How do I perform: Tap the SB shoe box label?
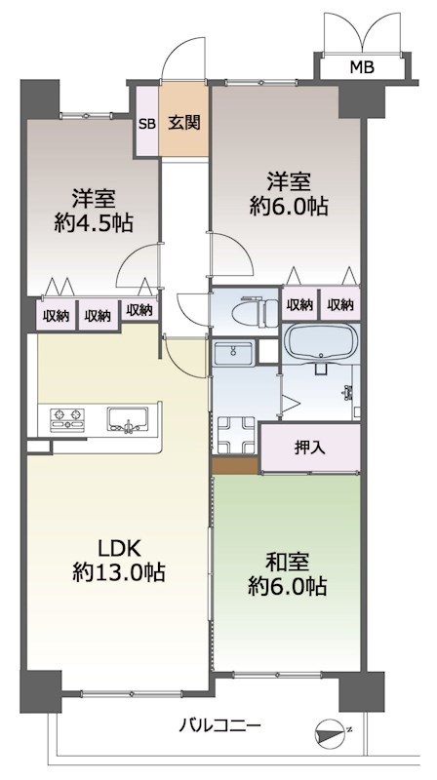point(146,123)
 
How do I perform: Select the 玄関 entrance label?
point(183,123)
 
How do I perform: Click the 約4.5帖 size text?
point(94,221)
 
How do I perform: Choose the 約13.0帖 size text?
point(118,573)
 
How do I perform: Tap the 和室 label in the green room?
point(287,562)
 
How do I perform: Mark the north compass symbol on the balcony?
point(335,731)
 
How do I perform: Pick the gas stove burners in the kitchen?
point(63,419)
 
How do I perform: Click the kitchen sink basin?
point(127,419)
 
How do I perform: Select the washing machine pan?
point(235,433)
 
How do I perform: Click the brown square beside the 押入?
point(235,466)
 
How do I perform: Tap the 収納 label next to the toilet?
point(299,305)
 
